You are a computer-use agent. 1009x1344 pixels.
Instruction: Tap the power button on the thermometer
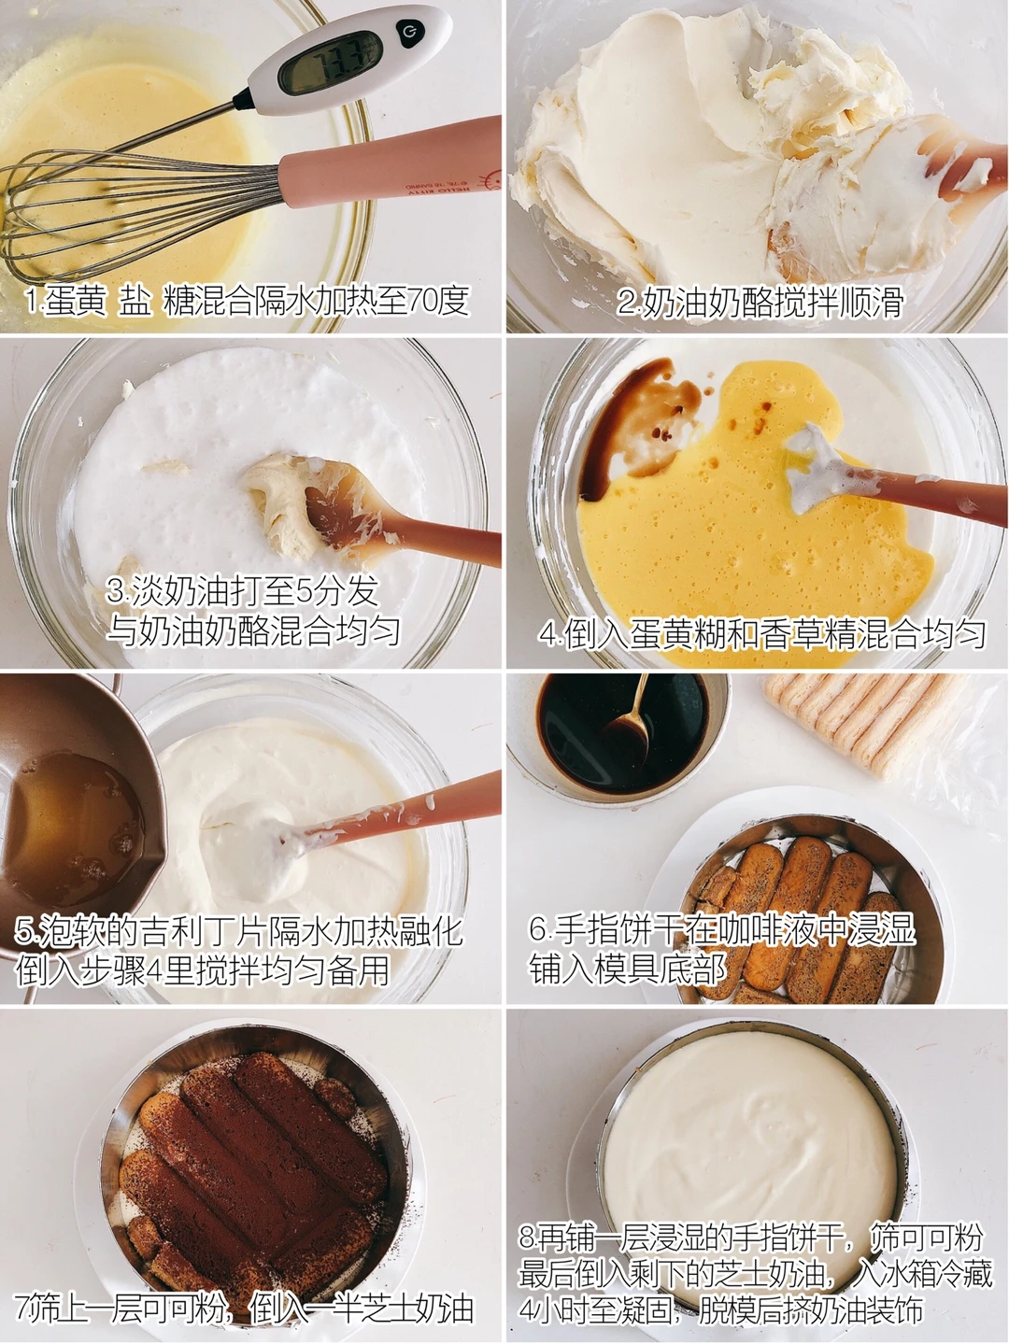pyautogui.click(x=405, y=30)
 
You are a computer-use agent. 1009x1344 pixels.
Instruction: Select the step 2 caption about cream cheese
pyautogui.click(x=760, y=303)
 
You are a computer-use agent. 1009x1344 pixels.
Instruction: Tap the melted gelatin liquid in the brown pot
pyautogui.click(x=74, y=820)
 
